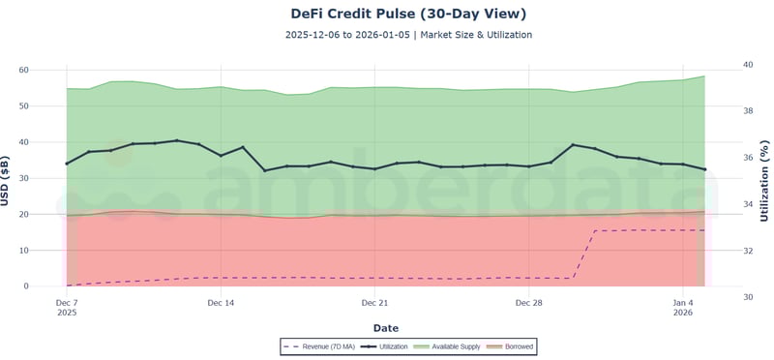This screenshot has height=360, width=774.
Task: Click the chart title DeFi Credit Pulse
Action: tap(408, 14)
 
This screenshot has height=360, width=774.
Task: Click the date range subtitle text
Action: tap(408, 35)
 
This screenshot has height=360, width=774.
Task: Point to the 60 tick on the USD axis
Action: tap(48, 70)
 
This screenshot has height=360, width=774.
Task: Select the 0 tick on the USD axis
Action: tap(51, 286)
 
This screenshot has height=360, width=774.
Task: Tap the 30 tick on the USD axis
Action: tap(48, 178)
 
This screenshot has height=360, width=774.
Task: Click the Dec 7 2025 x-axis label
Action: tap(67, 308)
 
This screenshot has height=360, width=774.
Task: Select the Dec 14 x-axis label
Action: tap(221, 303)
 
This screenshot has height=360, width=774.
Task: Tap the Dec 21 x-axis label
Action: tap(374, 303)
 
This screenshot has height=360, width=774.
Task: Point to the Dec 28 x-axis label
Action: tap(529, 303)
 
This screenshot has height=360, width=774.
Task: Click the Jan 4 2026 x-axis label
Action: tap(683, 308)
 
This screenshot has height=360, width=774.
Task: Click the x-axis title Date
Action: tap(385, 328)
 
